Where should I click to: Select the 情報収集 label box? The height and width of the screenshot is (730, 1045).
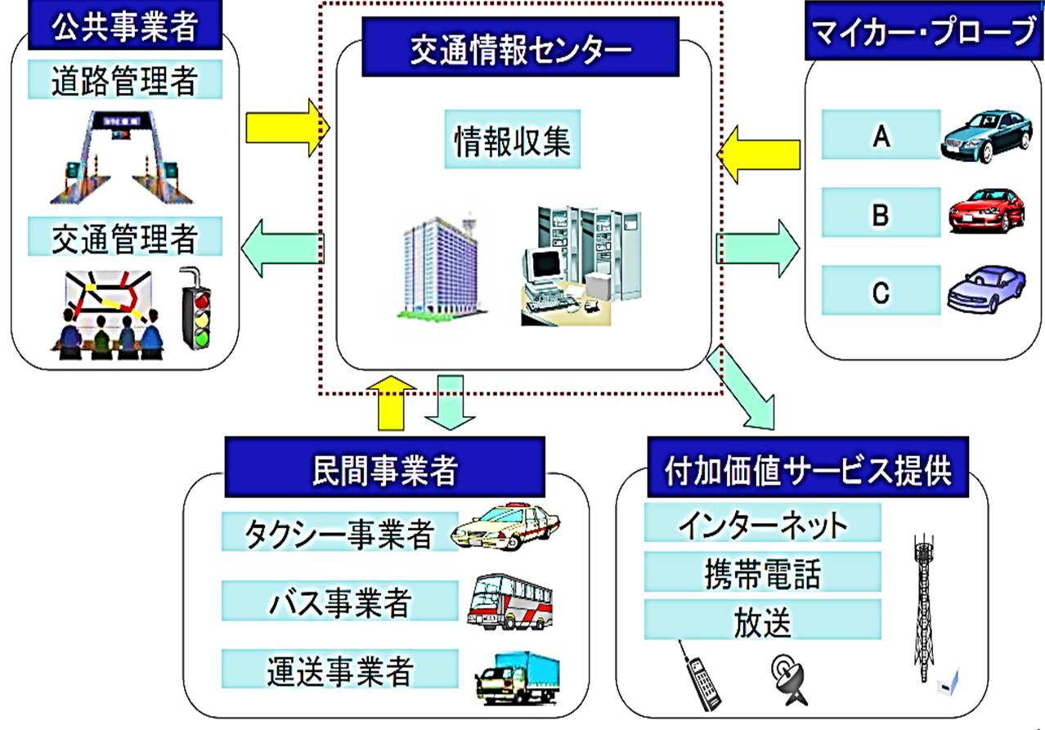[x=513, y=140]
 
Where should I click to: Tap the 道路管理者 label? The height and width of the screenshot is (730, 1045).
[x=125, y=80]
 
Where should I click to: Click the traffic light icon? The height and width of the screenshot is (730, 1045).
[x=195, y=307]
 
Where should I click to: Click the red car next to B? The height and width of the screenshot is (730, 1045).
[x=985, y=210]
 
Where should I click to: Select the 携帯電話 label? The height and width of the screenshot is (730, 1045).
[x=762, y=572]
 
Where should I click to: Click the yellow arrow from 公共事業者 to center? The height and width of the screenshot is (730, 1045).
[x=287, y=127]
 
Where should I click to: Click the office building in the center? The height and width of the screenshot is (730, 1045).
[x=437, y=266]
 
